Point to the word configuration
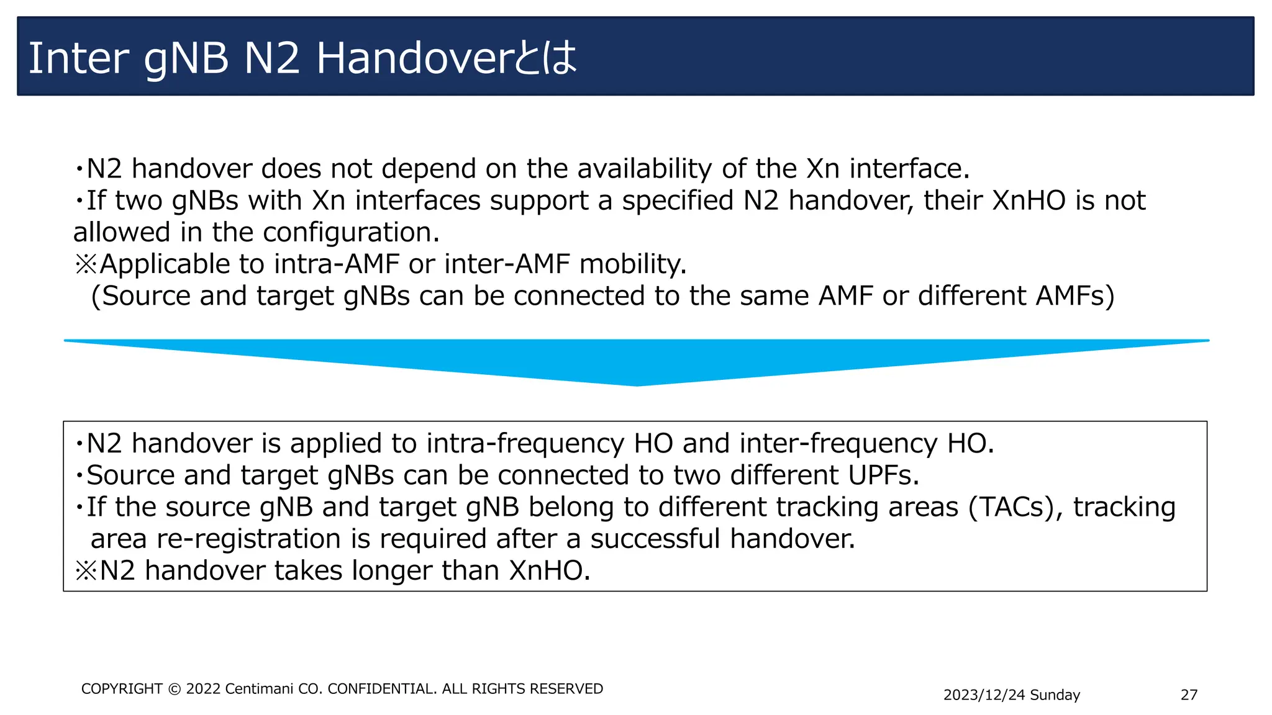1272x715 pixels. (351, 232)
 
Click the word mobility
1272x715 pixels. (633, 264)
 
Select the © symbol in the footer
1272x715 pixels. (175, 689)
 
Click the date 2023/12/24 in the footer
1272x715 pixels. (984, 695)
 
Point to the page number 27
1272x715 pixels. (1189, 695)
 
